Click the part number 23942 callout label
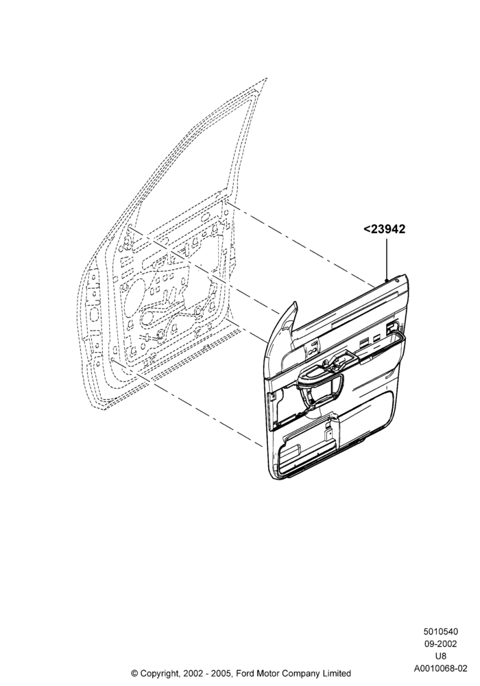pyautogui.click(x=384, y=229)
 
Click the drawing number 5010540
pyautogui.click(x=440, y=632)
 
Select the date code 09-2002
pyautogui.click(x=440, y=644)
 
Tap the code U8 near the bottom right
pyautogui.click(x=440, y=657)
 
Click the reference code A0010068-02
pyautogui.click(x=440, y=668)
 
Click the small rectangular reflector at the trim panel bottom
pyautogui.click(x=289, y=450)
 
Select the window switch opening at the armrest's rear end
pyautogui.click(x=392, y=329)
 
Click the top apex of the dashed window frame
pyautogui.click(x=266, y=79)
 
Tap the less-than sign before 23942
pyautogui.click(x=366, y=230)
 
